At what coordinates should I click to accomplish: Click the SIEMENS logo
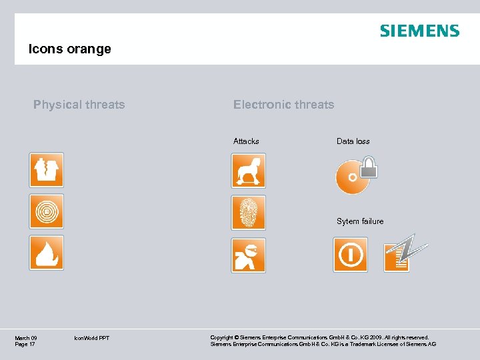coord(419,31)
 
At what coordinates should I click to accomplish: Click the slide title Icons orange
coord(69,49)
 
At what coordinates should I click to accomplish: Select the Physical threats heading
coord(79,105)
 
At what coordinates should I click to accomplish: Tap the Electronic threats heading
coord(283,105)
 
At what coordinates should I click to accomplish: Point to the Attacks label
coord(246,141)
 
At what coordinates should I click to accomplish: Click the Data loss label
coord(353,141)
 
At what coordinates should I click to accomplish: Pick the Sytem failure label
coord(360,221)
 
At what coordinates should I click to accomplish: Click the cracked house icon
coord(47,170)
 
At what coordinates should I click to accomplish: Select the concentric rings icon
coord(47,211)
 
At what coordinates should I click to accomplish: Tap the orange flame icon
coord(47,253)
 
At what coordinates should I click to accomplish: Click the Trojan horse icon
coord(248,171)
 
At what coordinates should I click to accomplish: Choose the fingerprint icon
coord(248,213)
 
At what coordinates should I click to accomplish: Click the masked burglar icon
coord(248,255)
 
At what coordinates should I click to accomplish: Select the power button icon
coord(350,255)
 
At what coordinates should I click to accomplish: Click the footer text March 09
coord(26,338)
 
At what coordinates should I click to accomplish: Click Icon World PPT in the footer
coord(92,339)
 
